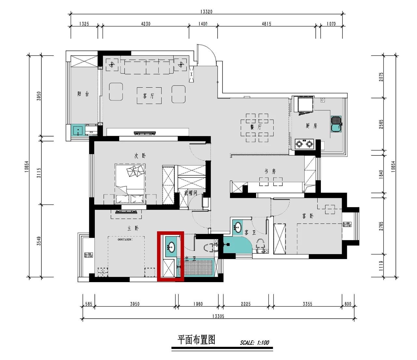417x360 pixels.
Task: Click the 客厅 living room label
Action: coord(148,96)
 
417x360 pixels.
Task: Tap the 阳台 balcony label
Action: coord(83,94)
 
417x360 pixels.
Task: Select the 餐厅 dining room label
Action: coord(256,127)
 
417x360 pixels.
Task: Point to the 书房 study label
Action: coord(270,171)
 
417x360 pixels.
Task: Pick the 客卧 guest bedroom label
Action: coord(308,216)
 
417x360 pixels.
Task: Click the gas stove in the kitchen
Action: coord(304,143)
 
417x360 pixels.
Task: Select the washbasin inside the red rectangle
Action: coord(171,247)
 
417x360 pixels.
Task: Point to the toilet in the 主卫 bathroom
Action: coord(210,247)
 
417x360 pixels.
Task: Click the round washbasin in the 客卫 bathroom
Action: coord(238,227)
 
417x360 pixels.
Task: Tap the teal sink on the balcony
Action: coord(78,131)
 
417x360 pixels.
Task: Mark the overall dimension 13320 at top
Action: coord(206,12)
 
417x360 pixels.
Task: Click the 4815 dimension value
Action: coord(266,24)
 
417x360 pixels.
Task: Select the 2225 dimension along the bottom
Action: coord(246,304)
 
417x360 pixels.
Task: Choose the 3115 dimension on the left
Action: coord(39,172)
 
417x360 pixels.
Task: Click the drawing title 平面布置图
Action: coord(196,340)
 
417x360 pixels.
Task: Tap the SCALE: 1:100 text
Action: coord(254,342)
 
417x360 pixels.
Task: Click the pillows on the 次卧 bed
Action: coord(135,171)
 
